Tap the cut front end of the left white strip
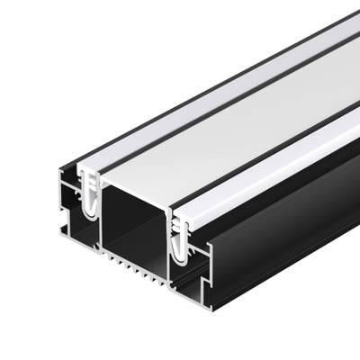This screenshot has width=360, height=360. click(x=90, y=170)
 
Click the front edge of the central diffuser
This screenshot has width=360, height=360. click(x=135, y=185)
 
